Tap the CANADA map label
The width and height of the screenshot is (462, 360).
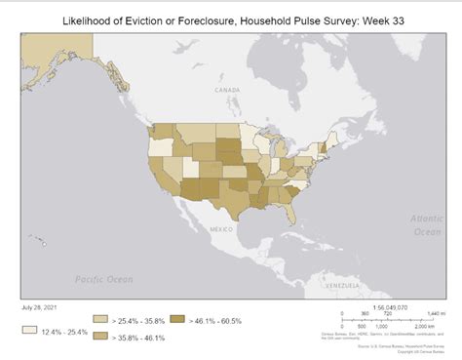pyautogui.click(x=226, y=90)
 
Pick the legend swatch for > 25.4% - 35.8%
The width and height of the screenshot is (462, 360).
pyautogui.click(x=100, y=319)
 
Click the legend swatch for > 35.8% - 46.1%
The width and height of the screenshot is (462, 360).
pyautogui.click(x=100, y=337)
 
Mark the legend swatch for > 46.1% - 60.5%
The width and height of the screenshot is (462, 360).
pyautogui.click(x=177, y=319)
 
